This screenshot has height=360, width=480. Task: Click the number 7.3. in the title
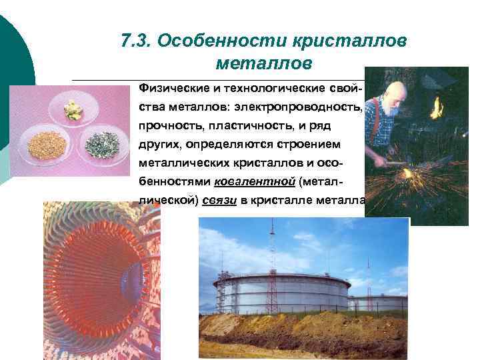click(x=136, y=41)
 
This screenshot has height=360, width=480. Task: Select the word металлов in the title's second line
click(x=264, y=64)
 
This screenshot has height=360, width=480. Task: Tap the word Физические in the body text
click(x=174, y=89)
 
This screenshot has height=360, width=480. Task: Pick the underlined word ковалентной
click(x=256, y=182)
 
